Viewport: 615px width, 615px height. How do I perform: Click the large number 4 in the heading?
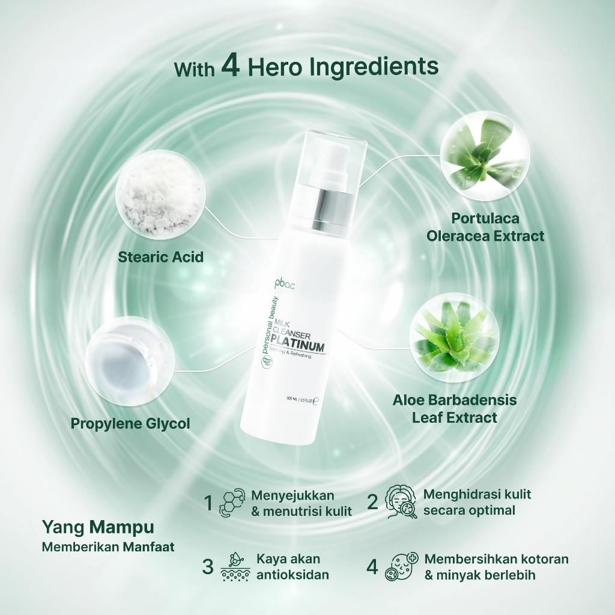(231, 66)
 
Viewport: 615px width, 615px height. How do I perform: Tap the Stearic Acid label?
(160, 257)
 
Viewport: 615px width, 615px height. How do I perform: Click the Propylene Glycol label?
(130, 423)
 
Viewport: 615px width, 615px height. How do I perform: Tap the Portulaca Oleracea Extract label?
(485, 226)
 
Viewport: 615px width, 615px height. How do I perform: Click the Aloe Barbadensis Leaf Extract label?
(455, 408)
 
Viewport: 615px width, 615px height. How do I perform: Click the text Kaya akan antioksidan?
(293, 566)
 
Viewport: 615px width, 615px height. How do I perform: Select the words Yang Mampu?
(98, 527)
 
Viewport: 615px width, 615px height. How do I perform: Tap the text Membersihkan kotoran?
(496, 559)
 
